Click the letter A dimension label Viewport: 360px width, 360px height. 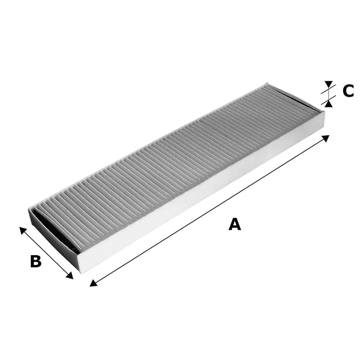235,224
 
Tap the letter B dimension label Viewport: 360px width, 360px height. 36,261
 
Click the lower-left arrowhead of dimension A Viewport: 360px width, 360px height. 93,283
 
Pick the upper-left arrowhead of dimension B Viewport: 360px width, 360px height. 23,230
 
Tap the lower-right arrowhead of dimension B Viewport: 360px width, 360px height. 69,275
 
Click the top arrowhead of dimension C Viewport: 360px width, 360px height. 329,84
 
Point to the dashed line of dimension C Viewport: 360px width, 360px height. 329,94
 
